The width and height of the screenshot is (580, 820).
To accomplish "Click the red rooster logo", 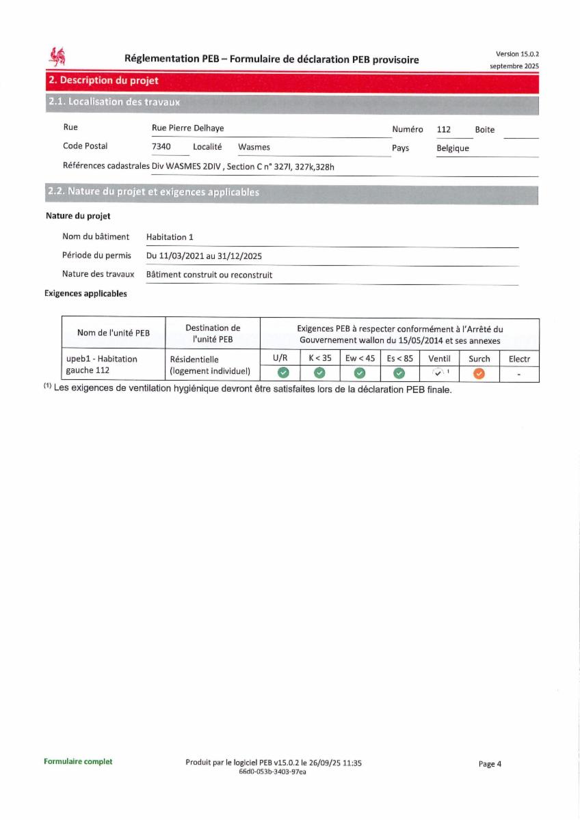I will pos(57,57).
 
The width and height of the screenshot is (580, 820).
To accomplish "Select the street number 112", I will pos(443,129).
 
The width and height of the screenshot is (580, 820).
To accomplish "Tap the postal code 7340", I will pos(161,147).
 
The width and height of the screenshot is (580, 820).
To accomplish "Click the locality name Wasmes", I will pos(254,147).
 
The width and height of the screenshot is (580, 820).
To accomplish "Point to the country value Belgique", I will pos(453,148).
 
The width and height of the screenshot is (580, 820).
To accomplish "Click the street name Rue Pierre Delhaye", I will pos(187,128).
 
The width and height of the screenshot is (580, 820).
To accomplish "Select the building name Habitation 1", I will pos(170,237).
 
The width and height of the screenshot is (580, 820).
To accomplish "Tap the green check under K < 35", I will pos(319,373).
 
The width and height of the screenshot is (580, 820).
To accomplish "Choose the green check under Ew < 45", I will pos(360,373).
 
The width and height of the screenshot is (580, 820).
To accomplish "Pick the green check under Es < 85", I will pos(399,373).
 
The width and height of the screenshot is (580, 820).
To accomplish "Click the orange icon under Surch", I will pos(479,373).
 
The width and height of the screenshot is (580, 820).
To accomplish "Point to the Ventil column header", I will pos(439,358).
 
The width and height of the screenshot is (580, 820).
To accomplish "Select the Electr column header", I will pos(519,358).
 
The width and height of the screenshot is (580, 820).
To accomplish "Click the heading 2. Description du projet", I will pos(103,81).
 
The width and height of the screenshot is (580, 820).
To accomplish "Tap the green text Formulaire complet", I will pos(78,761).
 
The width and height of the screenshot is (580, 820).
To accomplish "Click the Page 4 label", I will pos(490,764).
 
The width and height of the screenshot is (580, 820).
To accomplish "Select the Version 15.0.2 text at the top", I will pos(517,54).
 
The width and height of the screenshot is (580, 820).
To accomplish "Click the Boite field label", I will pos(484,130).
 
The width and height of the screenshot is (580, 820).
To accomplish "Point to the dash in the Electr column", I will pos(519,374).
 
